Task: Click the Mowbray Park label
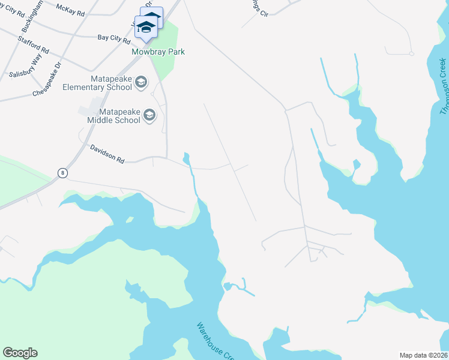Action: point(158,52)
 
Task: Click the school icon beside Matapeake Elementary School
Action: point(141,82)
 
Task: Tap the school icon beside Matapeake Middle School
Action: point(149,115)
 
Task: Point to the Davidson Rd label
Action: point(107,154)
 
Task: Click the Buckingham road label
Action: point(32,16)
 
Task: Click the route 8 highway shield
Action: point(62,173)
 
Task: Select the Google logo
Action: point(20,353)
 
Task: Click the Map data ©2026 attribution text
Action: point(424,355)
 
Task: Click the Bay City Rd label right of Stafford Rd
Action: point(113,40)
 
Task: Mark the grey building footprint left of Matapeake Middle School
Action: point(90,109)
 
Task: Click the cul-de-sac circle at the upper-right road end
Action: point(411,53)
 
